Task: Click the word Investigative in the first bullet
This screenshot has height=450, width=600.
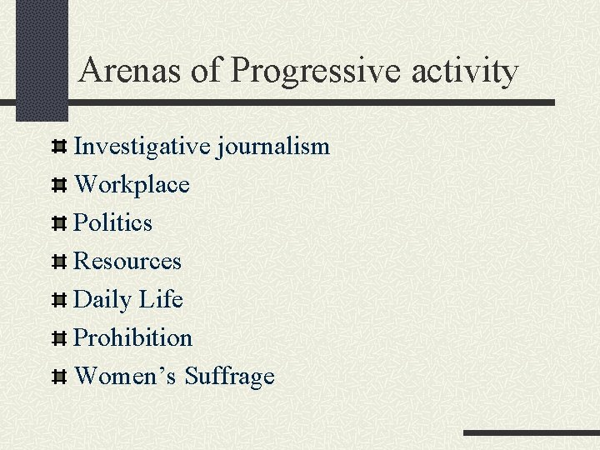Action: [142, 147]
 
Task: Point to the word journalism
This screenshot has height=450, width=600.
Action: [273, 147]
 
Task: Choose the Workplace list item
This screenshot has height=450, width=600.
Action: [132, 185]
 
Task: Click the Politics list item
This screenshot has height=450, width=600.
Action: [113, 223]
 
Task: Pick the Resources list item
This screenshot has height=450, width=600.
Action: [127, 262]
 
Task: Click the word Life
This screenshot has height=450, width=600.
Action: [161, 299]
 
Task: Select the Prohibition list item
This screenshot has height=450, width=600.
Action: [133, 338]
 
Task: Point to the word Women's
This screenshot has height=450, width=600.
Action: [125, 377]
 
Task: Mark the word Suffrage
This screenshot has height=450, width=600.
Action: [229, 377]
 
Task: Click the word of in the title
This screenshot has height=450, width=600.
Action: [204, 71]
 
